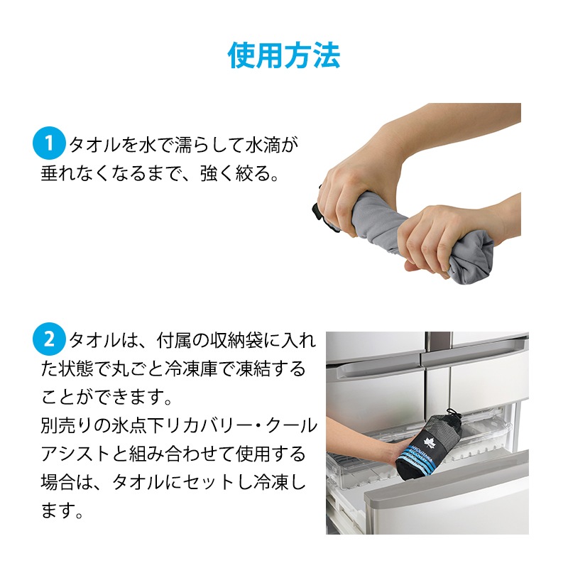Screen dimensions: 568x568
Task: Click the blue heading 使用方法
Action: point(284,55)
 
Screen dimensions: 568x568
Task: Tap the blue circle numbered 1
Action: point(49,143)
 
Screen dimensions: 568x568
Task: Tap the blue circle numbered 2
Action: point(49,339)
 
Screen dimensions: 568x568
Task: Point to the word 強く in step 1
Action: point(217,173)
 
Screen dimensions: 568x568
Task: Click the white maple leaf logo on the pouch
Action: point(430,442)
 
